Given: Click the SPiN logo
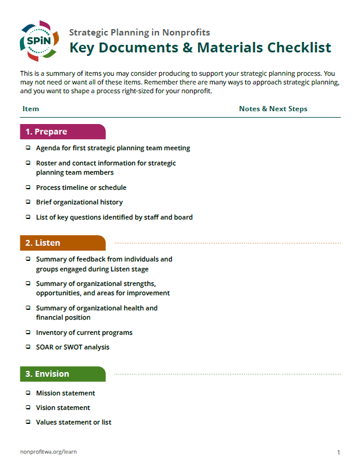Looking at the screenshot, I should pos(39,41).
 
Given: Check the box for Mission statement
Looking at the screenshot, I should pos(27,393).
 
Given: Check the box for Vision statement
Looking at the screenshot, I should pos(27,408).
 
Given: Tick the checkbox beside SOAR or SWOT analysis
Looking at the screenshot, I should pos(27,347).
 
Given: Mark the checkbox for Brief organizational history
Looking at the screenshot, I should pos(27,202).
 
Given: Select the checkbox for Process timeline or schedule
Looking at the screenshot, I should pos(27,187).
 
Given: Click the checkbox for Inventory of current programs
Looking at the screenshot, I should pos(27,332).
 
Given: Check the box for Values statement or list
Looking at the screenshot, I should pos(27,422).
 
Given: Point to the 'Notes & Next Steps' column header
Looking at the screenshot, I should pos(273,109).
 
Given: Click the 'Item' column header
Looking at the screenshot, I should pos(31,109).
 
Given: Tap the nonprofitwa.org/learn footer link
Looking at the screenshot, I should pos(48,452).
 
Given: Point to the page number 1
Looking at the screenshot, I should pos(338,452).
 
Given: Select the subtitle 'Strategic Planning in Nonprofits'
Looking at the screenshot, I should pos(140,33).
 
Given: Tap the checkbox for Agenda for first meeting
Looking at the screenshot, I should pos(27,148).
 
